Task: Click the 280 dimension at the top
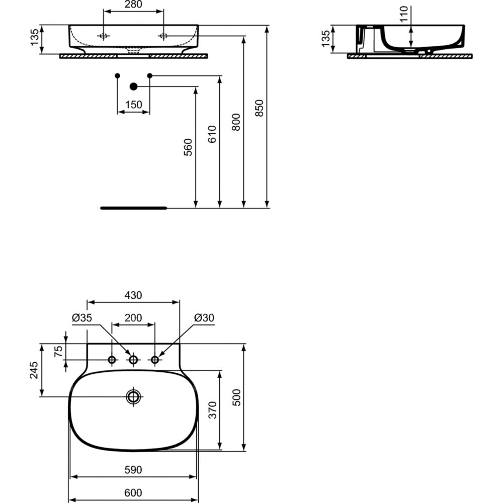click(x=133, y=5)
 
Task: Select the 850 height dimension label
click(x=259, y=108)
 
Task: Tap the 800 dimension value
click(x=236, y=122)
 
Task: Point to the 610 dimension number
click(x=212, y=134)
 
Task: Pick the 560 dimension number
click(x=188, y=147)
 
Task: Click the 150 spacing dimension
click(x=133, y=105)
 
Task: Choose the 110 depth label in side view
click(x=404, y=14)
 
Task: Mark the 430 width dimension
click(x=133, y=295)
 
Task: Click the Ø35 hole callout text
click(x=82, y=317)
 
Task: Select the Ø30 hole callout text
click(x=204, y=317)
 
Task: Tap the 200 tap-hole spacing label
click(x=133, y=317)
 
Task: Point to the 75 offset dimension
click(x=58, y=352)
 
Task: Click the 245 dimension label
click(x=34, y=370)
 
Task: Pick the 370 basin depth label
click(x=212, y=409)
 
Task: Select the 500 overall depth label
click(x=236, y=397)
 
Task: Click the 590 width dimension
click(x=133, y=470)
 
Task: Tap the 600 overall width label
click(x=133, y=492)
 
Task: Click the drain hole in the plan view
click(x=133, y=397)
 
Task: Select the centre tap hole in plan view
click(x=133, y=360)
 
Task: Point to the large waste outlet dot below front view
click(x=133, y=87)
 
